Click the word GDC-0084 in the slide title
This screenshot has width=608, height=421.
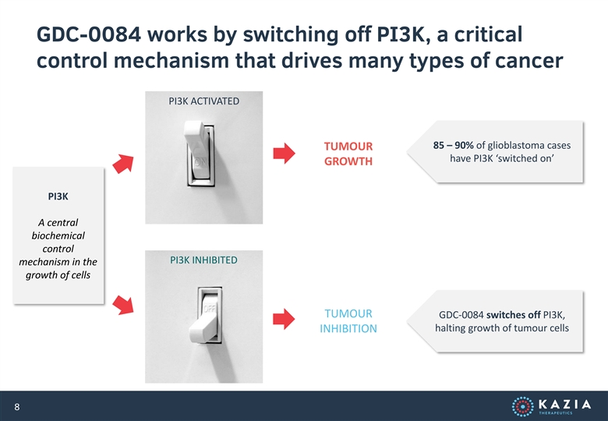(x=88, y=34)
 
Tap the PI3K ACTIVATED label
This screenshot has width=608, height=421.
(x=204, y=101)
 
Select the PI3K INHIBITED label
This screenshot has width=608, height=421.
(x=203, y=260)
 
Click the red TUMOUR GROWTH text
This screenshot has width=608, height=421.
(x=348, y=154)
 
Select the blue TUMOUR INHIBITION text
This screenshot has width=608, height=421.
(x=348, y=321)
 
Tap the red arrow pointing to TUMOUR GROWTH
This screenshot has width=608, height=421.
(x=285, y=153)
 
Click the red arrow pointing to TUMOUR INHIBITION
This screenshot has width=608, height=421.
(x=284, y=319)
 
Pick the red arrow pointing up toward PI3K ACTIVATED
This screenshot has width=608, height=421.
(x=123, y=164)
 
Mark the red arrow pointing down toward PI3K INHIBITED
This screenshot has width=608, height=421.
(x=123, y=305)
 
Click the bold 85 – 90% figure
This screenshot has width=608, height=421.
(x=454, y=145)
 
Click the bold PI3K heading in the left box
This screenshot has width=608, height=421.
(x=58, y=196)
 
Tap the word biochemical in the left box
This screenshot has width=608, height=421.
(x=58, y=235)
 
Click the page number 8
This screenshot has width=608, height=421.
(x=16, y=407)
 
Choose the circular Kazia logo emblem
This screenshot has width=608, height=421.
(x=523, y=407)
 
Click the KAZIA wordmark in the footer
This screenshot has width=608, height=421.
(x=565, y=405)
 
